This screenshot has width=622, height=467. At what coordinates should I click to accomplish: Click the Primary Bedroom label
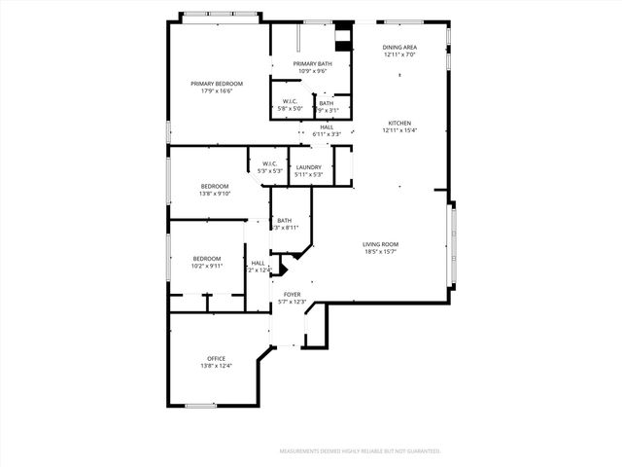point(216,84)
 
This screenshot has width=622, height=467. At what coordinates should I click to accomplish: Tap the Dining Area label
point(399,47)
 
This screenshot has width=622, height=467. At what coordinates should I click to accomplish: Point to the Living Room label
point(381,244)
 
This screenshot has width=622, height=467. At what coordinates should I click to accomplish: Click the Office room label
point(216,358)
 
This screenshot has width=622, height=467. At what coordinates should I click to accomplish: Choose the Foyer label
point(292,294)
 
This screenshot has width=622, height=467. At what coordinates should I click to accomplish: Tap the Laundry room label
point(309,166)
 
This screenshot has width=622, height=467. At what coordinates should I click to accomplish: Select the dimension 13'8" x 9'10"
point(215,193)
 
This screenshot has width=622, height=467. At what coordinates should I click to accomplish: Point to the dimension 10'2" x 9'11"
point(207,265)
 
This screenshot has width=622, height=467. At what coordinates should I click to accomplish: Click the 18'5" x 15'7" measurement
point(381,252)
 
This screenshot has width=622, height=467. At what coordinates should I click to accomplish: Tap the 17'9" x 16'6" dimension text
point(216,91)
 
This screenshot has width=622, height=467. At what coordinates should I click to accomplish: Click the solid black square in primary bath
point(341,41)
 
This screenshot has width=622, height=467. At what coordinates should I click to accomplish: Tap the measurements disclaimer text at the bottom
point(361,451)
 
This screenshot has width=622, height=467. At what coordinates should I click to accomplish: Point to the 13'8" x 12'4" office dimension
point(216,366)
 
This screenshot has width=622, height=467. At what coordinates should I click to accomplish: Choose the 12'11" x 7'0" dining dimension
point(399,54)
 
